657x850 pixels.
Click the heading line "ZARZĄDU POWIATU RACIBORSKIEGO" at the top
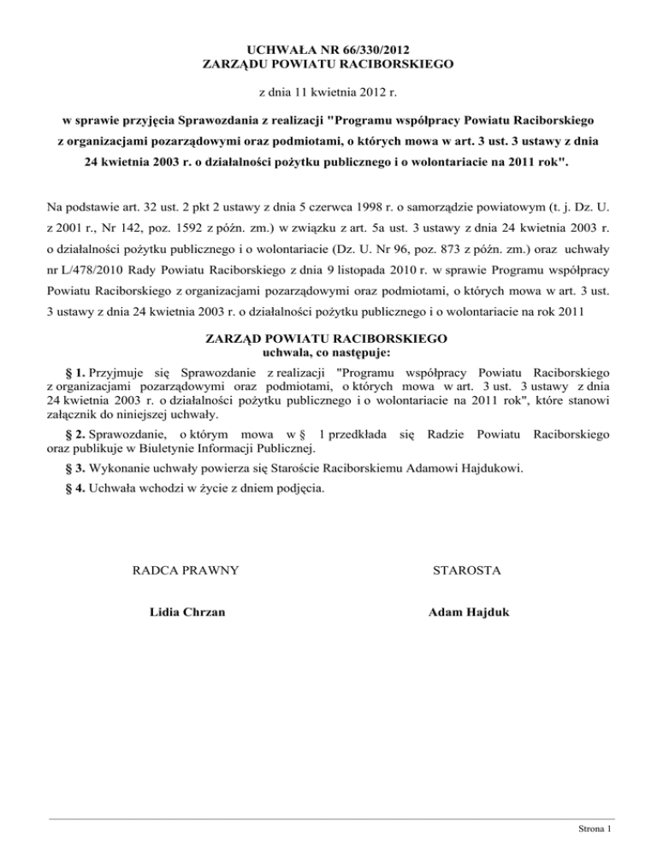click(x=328, y=62)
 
